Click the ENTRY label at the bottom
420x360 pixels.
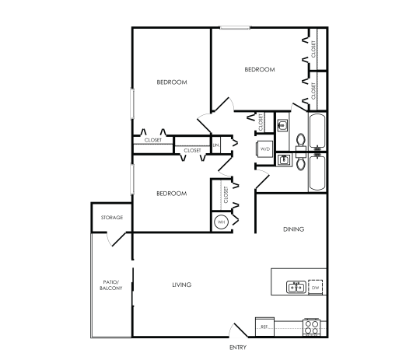point(238,347)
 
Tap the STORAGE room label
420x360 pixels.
point(112,217)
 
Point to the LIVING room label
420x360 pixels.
point(182,285)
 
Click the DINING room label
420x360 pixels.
point(292,229)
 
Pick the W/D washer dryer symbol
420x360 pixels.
point(264,148)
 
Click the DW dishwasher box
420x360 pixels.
point(316,288)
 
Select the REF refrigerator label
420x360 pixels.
point(264,327)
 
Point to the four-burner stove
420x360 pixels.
point(313,327)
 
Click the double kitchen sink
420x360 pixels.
point(296,288)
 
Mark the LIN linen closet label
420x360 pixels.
point(217,145)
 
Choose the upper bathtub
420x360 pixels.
point(317,130)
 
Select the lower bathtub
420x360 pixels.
point(317,173)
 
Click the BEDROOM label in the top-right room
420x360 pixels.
point(260,69)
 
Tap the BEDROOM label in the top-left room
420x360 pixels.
point(171,82)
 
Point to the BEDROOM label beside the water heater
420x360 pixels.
point(171,194)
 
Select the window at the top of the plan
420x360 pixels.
point(233,29)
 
